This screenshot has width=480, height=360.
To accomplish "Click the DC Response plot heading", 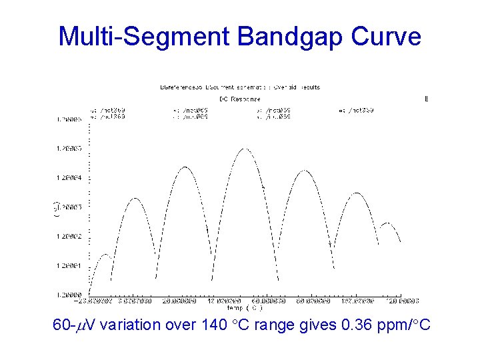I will click(x=240, y=98).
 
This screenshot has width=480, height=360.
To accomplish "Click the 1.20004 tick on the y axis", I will click(x=69, y=178).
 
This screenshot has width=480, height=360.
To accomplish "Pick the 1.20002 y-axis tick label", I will click(x=69, y=237).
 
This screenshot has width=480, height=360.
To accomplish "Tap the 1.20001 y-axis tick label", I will click(x=69, y=266).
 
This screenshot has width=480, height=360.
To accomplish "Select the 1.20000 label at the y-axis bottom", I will click(x=69, y=294).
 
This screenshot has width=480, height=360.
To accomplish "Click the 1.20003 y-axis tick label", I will click(x=69, y=207).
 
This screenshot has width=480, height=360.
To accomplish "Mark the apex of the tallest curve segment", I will click(x=245, y=149).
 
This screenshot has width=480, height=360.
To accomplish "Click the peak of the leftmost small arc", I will click(x=105, y=255).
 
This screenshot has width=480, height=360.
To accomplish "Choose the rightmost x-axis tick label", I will click(x=405, y=301).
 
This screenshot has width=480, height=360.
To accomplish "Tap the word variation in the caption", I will click(x=133, y=326).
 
